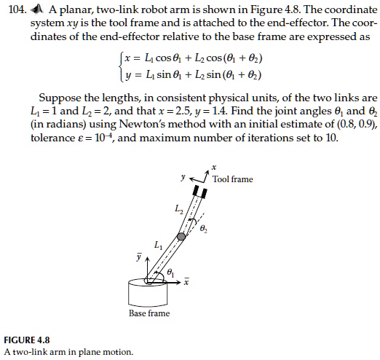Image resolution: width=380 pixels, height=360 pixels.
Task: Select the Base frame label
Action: [149, 313]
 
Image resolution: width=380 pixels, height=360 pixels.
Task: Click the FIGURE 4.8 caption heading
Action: [27, 340]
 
